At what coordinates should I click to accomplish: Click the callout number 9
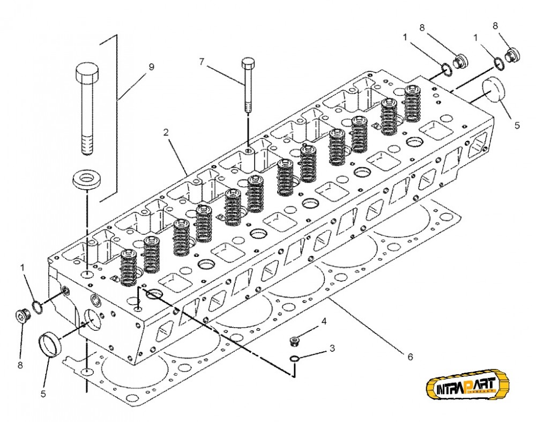point(151,67)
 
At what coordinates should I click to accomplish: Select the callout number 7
point(202,62)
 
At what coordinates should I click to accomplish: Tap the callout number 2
point(167,132)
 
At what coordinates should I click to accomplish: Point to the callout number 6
point(411,356)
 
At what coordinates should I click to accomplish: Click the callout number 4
point(323,321)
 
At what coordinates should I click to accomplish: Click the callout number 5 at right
point(517,125)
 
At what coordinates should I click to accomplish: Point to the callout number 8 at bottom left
point(20,365)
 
